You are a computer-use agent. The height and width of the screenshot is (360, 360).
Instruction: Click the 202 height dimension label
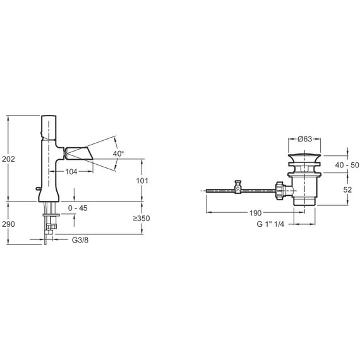pyautogui.click(x=8, y=159)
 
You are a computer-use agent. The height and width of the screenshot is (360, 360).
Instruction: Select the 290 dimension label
pyautogui.click(x=8, y=224)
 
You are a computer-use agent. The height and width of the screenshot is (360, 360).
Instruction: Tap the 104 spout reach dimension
pyautogui.click(x=71, y=172)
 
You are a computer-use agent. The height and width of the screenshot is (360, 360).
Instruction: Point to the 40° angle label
pyautogui.click(x=119, y=153)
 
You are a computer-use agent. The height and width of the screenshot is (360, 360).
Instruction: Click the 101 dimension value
pyautogui.click(x=142, y=181)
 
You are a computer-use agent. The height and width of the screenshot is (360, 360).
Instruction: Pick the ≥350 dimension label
pyautogui.click(x=141, y=219)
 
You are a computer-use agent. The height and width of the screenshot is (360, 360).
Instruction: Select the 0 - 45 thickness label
pyautogui.click(x=78, y=208)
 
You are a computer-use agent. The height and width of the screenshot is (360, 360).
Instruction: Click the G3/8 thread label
pyautogui.click(x=80, y=240)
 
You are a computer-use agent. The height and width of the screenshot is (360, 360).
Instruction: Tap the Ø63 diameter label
pyautogui.click(x=305, y=139)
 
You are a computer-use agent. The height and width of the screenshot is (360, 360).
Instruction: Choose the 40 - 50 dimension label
pyautogui.click(x=347, y=165)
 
